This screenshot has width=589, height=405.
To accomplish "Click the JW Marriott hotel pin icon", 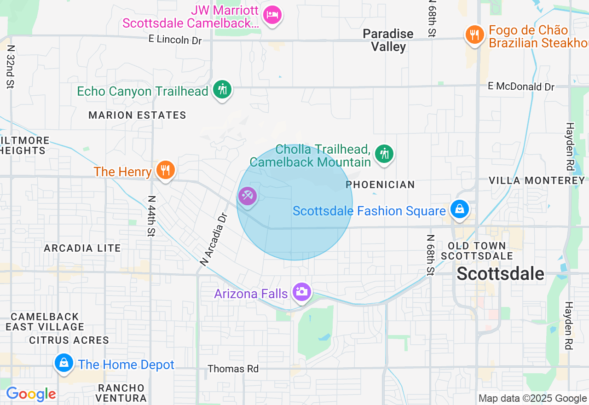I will point(272,15).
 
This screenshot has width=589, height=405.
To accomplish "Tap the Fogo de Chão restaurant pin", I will point(474,34).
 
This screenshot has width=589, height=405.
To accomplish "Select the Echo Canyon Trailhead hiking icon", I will point(223,89).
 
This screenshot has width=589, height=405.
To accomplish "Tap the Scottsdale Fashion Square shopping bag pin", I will point(459,209).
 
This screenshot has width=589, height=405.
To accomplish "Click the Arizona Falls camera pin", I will point(301,291).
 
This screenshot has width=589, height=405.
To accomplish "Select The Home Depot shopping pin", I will point(64,363).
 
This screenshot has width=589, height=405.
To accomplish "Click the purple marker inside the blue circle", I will point(248,196).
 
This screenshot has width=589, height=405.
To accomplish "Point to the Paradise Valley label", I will point(388,40).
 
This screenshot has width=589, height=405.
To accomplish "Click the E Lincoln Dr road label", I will point(175,40).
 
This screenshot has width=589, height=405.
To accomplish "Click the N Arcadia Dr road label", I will point(214,239).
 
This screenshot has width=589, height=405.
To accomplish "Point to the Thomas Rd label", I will point(233,369).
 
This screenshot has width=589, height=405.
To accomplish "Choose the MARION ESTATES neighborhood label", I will point(137,115).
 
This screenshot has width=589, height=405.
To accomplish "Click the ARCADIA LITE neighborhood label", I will point(82,248).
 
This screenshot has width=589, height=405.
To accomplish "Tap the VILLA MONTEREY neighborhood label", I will point(537,180).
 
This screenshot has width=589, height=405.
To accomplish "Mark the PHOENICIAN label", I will point(380,185).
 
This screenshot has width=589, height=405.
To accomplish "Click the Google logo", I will point(31,394).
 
